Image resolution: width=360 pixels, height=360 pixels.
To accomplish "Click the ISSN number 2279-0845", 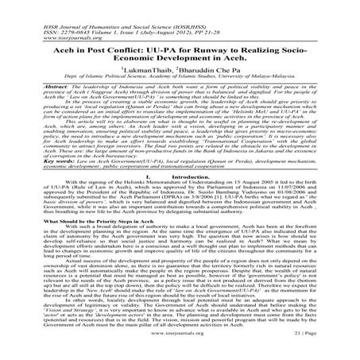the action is point(48,12).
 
